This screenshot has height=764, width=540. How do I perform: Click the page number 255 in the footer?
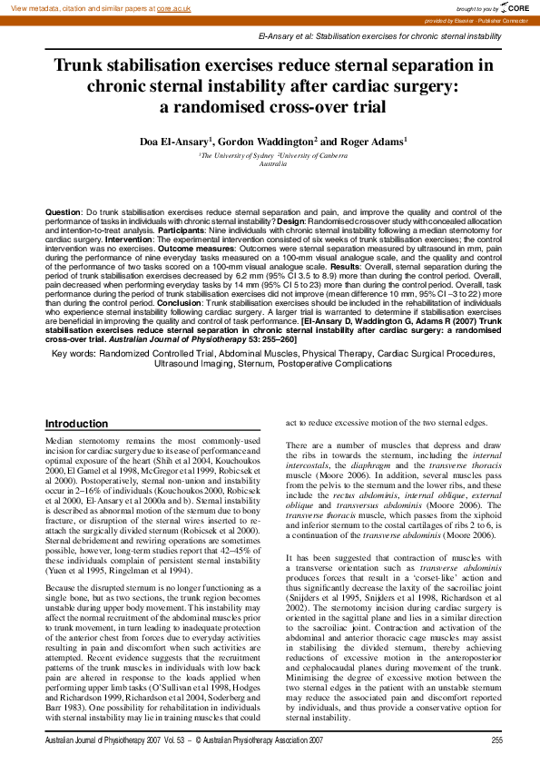[x=496, y=740]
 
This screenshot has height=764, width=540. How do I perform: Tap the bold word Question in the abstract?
[x=63, y=211]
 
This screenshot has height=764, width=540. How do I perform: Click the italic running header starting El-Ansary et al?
[x=379, y=35]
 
